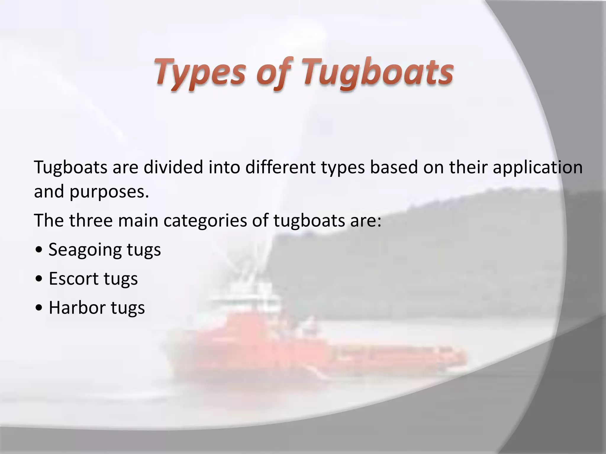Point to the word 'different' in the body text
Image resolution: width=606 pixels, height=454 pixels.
point(281,167)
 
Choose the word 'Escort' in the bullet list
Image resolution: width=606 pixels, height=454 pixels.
point(73,278)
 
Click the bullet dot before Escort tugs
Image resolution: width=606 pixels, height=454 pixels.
point(38,279)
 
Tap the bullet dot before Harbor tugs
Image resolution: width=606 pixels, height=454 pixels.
point(38,308)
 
